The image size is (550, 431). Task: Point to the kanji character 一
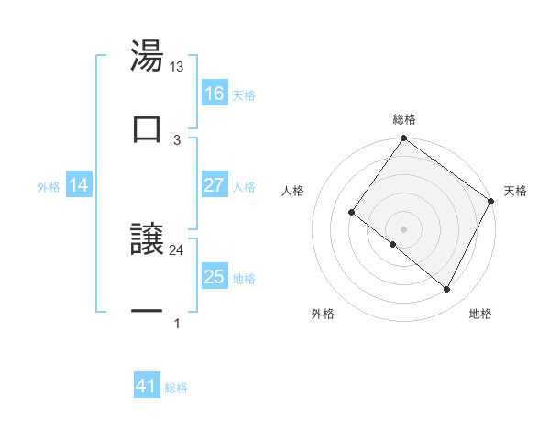click(147, 312)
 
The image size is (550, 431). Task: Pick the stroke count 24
click(177, 249)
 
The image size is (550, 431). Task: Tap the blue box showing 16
click(214, 94)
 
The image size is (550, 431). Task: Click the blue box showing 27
click(214, 185)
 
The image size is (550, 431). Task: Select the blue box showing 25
click(214, 277)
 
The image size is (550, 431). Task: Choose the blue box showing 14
click(79, 185)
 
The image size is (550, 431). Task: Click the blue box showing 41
click(147, 387)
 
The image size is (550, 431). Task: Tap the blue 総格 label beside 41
click(176, 388)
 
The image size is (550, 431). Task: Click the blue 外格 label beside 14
click(49, 186)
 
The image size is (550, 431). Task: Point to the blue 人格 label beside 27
click(244, 186)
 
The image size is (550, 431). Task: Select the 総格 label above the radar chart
click(404, 119)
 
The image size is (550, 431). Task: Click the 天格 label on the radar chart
click(515, 191)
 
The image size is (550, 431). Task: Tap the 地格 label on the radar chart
click(480, 314)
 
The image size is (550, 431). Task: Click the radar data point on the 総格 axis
click(404, 139)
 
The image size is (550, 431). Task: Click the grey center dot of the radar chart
click(404, 229)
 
